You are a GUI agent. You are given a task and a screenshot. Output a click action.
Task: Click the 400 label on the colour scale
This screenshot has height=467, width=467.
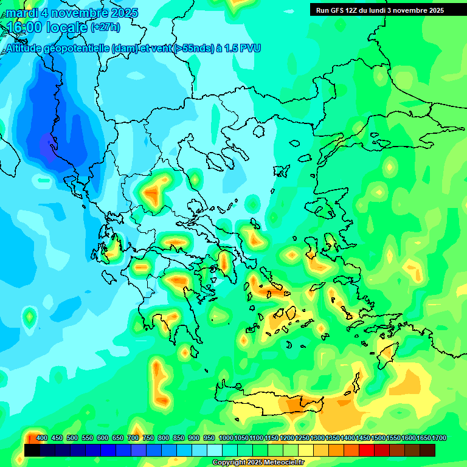(x=42, y=438)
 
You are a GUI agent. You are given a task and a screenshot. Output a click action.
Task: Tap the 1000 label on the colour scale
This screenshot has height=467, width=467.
(x=226, y=438)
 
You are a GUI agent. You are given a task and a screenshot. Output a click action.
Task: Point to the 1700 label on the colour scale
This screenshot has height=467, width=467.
(x=439, y=438)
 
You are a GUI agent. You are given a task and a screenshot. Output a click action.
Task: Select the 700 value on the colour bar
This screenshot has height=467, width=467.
(x=133, y=438)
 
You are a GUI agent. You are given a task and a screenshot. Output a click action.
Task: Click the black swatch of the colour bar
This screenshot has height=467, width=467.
(x=32, y=450)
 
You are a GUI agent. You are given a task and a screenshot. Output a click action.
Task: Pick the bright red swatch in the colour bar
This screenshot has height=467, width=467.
(x=367, y=450)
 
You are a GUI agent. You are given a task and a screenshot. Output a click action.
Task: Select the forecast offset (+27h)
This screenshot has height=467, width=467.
(x=105, y=27)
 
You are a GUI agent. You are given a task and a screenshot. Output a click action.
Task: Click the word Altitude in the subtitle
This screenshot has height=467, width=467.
(x=24, y=49)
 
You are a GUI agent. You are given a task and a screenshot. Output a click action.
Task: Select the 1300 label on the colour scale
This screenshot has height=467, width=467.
(x=317, y=438)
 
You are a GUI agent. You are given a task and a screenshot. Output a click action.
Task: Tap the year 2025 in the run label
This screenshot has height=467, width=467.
(x=435, y=10)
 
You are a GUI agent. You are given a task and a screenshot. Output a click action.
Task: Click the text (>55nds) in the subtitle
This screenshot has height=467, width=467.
(x=193, y=49)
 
